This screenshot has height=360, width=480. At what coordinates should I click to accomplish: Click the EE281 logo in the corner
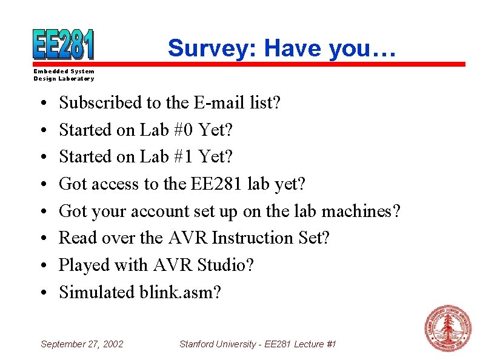(64, 44)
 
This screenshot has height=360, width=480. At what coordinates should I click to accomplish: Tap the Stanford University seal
(448, 328)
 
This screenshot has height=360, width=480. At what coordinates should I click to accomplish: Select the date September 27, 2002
(82, 344)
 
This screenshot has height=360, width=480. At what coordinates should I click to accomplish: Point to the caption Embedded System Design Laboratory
(64, 75)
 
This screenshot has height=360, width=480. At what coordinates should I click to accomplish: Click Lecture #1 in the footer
(315, 344)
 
